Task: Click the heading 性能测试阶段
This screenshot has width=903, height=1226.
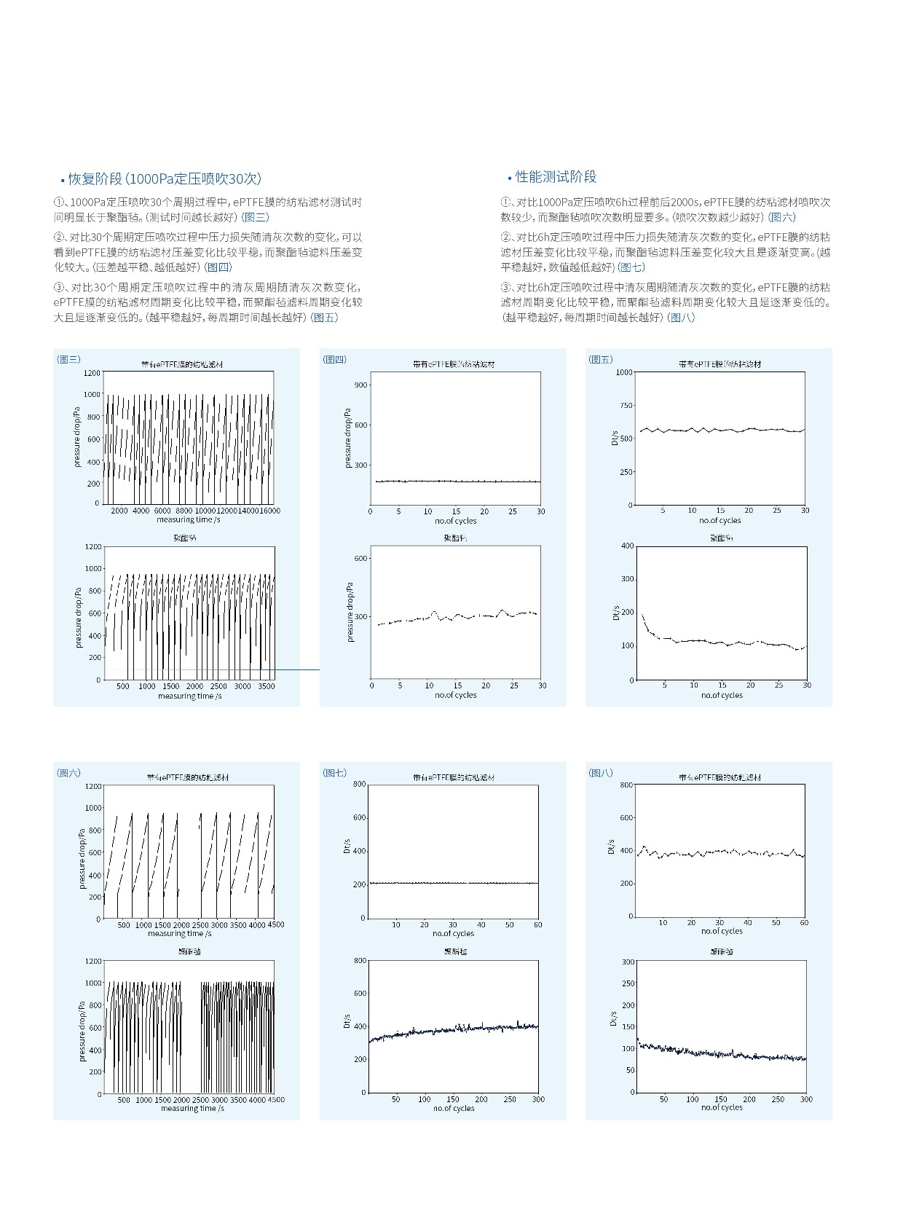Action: pos(556,177)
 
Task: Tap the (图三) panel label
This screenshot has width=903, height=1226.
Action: pos(68,359)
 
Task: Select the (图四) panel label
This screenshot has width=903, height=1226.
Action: pos(335,359)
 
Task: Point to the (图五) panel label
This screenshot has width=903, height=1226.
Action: pos(601,359)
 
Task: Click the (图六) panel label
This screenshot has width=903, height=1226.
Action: pos(69,773)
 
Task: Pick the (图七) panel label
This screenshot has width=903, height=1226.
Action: pos(335,773)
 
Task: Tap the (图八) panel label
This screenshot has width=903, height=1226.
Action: pos(601,773)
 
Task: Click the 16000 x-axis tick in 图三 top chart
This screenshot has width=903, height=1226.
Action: pos(269,511)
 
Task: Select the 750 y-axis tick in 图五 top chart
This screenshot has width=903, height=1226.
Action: pos(624,406)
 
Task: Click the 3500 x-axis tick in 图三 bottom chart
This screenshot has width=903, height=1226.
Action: pos(267,686)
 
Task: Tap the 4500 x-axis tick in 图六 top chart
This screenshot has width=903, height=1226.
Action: pos(275,925)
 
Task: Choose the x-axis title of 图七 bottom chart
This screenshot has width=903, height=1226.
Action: pos(454,1109)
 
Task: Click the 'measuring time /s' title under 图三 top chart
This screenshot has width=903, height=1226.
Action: pos(189,519)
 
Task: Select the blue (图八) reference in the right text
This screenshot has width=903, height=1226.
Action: pos(682,318)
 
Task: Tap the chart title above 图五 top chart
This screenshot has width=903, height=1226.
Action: pos(719,364)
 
